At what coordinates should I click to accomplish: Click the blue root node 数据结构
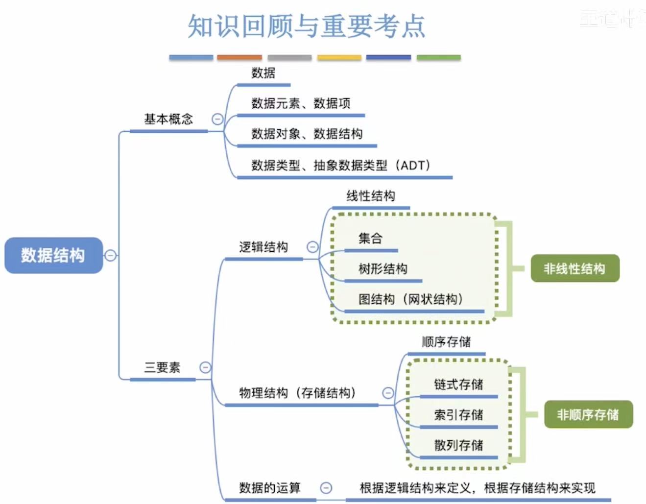(x=53, y=255)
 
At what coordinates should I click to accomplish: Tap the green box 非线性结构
(x=574, y=268)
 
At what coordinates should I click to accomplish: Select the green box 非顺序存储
(x=588, y=415)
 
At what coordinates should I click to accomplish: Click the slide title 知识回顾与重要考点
(x=307, y=26)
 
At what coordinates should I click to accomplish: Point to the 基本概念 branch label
(x=168, y=119)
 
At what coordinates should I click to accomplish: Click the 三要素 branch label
(x=162, y=367)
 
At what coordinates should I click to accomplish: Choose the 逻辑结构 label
(x=263, y=247)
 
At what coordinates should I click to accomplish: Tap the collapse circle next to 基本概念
(x=217, y=119)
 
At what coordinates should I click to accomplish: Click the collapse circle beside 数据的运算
(x=326, y=488)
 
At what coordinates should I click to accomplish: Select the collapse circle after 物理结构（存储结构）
(x=388, y=393)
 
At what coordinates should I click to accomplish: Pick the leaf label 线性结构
(x=371, y=196)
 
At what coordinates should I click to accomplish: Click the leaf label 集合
(x=370, y=239)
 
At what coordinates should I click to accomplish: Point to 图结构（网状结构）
(x=410, y=299)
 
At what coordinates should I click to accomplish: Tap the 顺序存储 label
(x=446, y=341)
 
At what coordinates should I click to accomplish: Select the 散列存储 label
(x=458, y=445)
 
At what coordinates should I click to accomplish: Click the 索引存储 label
(x=458, y=415)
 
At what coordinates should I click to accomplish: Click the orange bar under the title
(x=239, y=58)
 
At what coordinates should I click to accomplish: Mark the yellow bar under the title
(x=339, y=58)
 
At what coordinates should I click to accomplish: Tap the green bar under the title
(x=438, y=58)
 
